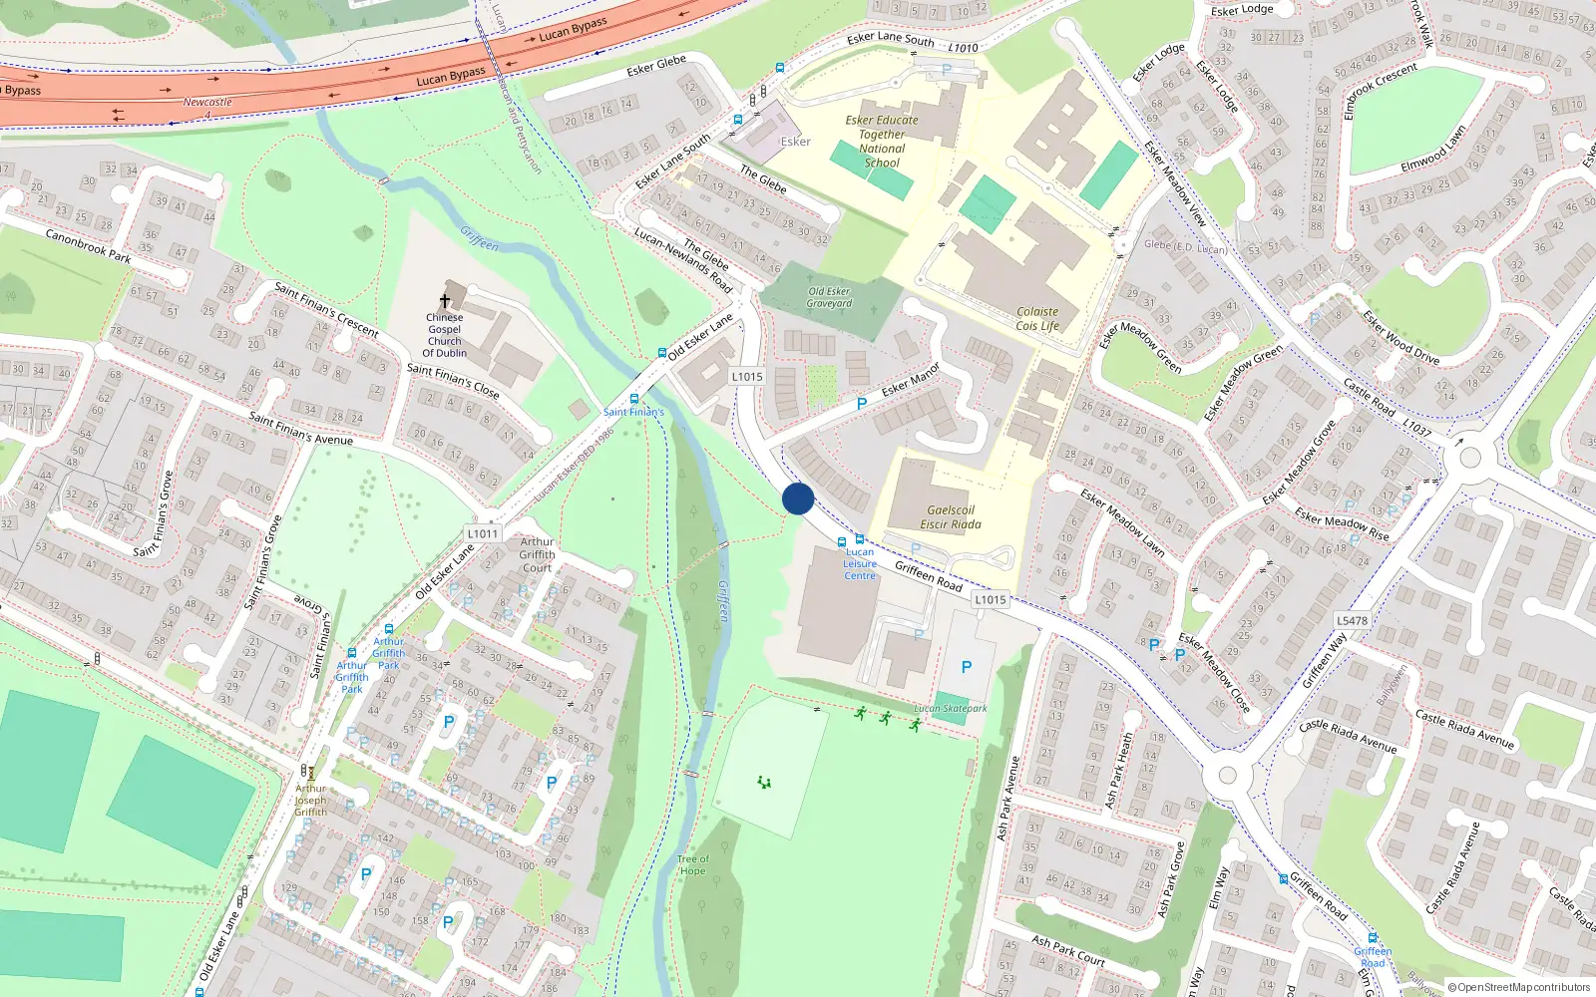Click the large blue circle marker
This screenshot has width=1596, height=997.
[798, 498]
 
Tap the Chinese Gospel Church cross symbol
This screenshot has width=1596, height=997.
[445, 300]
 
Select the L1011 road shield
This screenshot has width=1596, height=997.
[483, 533]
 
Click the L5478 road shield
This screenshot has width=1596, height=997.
[1352, 620]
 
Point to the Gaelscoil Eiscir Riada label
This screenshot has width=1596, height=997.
[950, 516]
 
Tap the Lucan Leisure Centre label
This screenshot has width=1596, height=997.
[859, 564]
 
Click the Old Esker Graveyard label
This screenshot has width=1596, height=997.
[829, 297]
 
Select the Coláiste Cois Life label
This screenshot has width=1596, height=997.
[1037, 319]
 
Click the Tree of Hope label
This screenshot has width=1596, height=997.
[692, 864]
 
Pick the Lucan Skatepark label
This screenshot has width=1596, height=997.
[951, 709]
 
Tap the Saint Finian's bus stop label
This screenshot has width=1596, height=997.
[633, 412]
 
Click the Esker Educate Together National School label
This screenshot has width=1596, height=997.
[882, 142]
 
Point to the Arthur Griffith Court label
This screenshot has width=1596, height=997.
[537, 554]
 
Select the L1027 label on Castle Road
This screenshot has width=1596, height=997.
[1416, 428]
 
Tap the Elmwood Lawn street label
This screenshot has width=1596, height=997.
[1433, 149]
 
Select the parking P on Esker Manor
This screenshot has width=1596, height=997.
[862, 404]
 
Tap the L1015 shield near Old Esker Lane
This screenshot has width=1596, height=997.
[747, 376]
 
